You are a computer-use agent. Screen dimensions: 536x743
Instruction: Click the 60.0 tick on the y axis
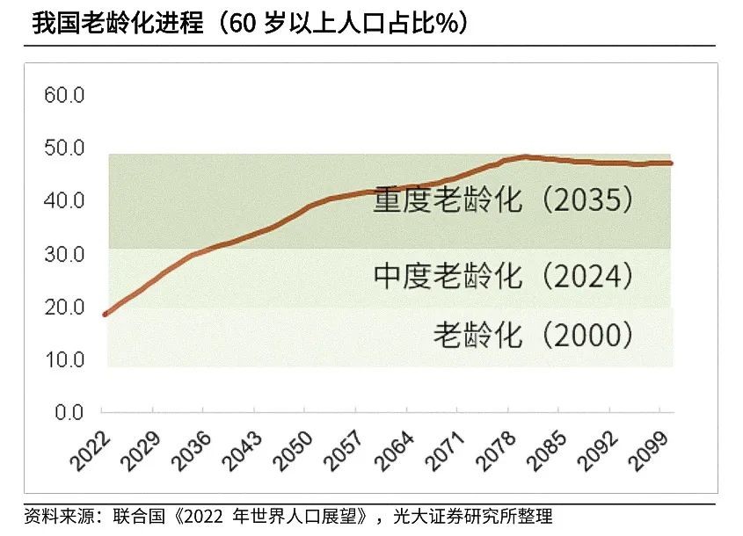(x=63, y=95)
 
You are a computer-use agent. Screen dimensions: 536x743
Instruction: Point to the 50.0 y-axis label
(x=63, y=148)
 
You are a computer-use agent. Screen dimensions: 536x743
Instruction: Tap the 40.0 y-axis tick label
(x=63, y=200)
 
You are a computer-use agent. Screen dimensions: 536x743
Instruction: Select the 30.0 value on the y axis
(x=63, y=254)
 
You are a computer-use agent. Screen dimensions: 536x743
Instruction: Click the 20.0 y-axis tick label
(x=63, y=307)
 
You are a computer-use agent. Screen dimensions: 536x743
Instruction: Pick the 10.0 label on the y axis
(x=63, y=359)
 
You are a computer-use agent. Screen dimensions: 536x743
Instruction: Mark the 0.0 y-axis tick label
(x=68, y=412)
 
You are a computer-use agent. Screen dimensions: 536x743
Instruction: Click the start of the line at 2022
(x=105, y=314)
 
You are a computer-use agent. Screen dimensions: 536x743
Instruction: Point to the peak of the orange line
(x=525, y=157)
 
